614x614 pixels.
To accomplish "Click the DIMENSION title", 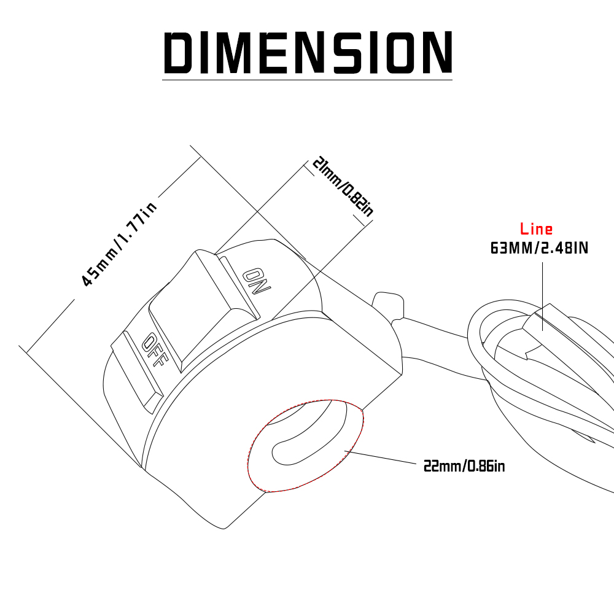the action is (308, 52).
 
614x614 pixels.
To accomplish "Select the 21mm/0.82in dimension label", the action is (343, 187).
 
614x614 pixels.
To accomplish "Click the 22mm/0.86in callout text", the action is (464, 466).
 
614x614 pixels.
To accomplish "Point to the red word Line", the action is (536, 228).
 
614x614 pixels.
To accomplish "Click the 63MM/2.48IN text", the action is (539, 248).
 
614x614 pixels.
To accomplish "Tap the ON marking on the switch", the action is (256, 282).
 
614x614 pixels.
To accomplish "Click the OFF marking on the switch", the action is (155, 350).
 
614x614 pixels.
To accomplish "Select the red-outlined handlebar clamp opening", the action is (305, 446).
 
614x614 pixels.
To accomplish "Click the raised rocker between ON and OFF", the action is (204, 305).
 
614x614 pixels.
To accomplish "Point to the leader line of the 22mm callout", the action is (380, 457).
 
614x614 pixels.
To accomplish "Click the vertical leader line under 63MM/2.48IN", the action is (542, 297).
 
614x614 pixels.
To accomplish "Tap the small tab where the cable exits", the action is (387, 305).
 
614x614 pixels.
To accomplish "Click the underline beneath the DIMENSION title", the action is (308, 80).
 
